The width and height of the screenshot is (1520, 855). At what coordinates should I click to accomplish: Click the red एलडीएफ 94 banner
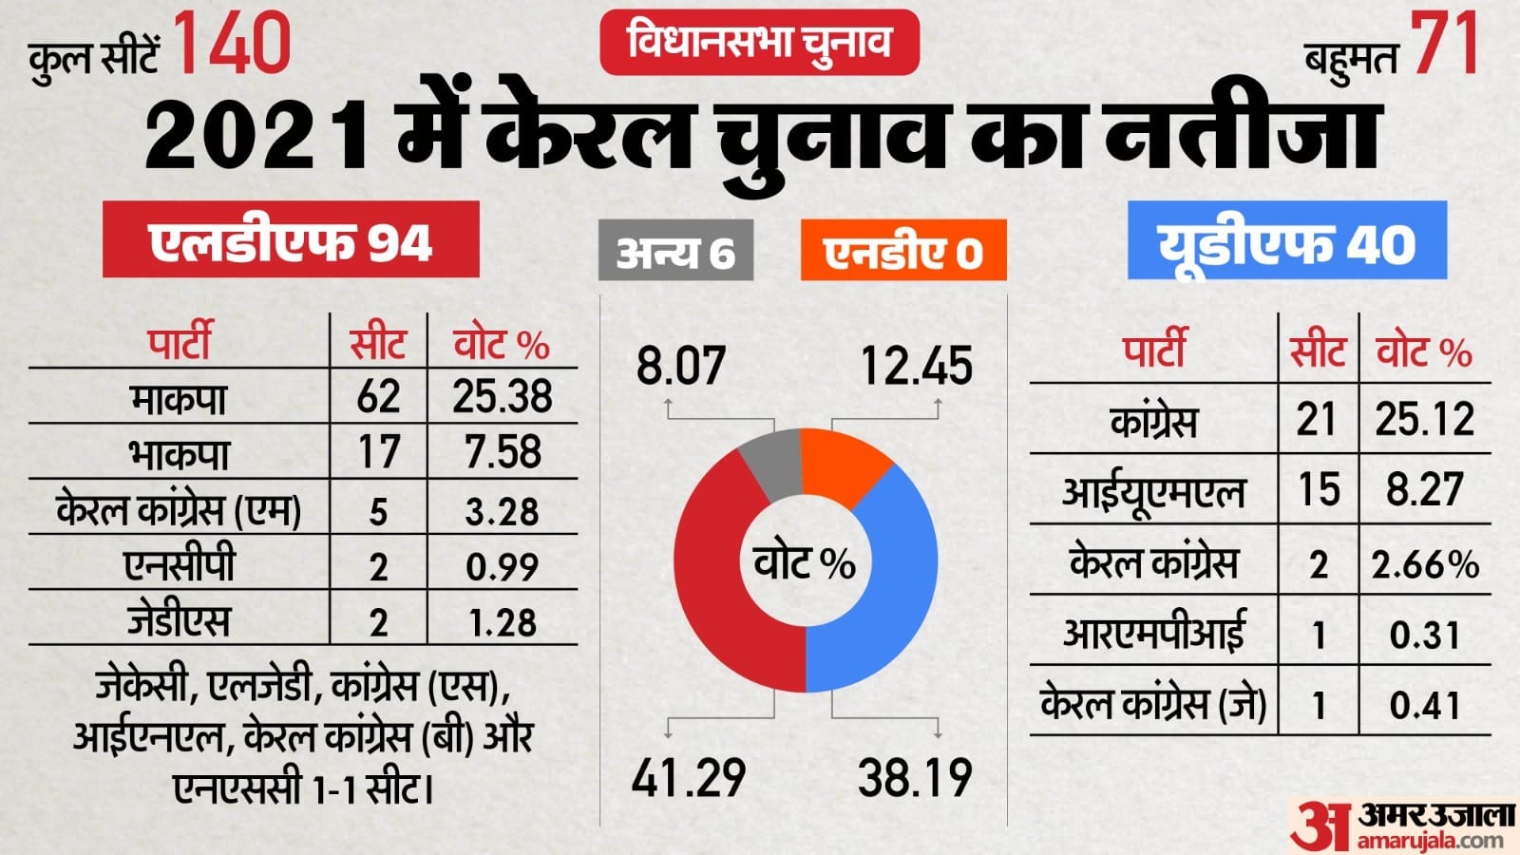pos(291,240)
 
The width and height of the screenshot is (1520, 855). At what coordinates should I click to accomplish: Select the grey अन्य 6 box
pos(675,252)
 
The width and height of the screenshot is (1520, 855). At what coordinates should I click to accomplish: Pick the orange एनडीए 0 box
pos(902,252)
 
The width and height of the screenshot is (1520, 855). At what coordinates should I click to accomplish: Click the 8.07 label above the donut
pos(680,366)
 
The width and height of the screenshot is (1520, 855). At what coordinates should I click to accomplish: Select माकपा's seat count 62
pos(378,397)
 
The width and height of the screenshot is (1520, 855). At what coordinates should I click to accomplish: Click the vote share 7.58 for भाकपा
pos(503,452)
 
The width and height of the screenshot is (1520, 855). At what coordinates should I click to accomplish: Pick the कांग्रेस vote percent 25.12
pos(1424,419)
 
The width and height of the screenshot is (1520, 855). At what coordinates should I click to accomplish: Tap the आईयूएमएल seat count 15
pos(1319,490)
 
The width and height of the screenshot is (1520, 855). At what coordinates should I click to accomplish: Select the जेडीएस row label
pos(179,620)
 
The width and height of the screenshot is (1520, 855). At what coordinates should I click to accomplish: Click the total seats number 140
pos(233,45)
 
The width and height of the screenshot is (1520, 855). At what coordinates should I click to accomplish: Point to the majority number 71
pos(1444,45)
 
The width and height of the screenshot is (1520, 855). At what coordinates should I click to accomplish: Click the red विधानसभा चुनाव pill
pos(759,42)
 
